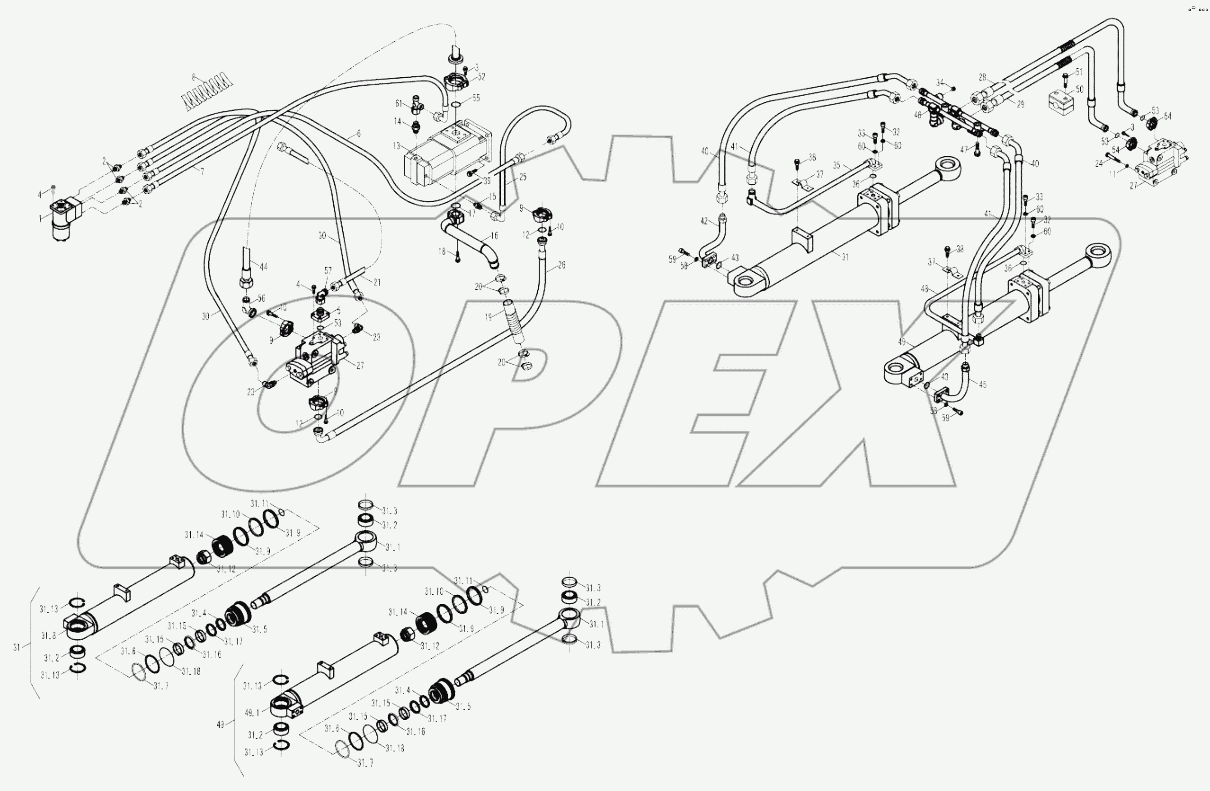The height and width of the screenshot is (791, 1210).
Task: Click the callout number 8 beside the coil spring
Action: tap(194, 77)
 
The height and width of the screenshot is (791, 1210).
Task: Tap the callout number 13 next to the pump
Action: tap(396, 146)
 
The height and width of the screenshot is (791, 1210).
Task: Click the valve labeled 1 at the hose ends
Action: tap(64, 219)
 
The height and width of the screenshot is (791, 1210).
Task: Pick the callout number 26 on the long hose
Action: tap(561, 265)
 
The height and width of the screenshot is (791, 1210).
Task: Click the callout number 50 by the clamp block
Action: tap(1079, 89)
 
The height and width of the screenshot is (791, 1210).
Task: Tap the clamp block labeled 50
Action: tap(1061, 100)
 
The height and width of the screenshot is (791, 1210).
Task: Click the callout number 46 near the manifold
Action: tap(917, 116)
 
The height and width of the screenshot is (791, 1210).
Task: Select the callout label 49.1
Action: tap(252, 713)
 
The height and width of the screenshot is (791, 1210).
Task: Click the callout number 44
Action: tap(263, 267)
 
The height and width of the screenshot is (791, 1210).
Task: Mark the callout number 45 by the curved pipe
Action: tap(982, 385)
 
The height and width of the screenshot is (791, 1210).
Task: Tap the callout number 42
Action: tap(704, 221)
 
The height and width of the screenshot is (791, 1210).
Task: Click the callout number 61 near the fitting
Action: tap(399, 103)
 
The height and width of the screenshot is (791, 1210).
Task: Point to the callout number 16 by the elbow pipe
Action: tap(494, 235)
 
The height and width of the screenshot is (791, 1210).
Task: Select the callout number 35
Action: tap(836, 165)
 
